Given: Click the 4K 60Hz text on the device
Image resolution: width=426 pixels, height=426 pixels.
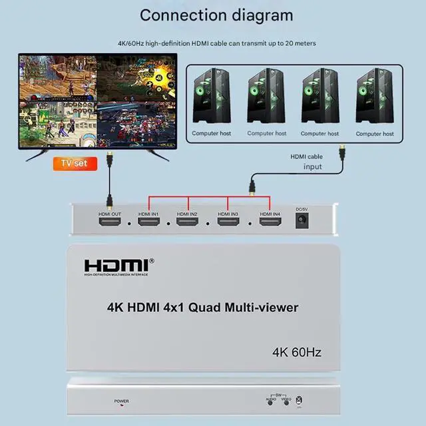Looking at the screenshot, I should [297, 352].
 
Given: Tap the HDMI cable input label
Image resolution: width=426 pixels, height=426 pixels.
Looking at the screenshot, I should [307, 162].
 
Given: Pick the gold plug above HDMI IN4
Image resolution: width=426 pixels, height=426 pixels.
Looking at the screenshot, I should [252, 188].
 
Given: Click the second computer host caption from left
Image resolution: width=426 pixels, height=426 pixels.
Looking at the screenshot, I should [266, 134].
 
